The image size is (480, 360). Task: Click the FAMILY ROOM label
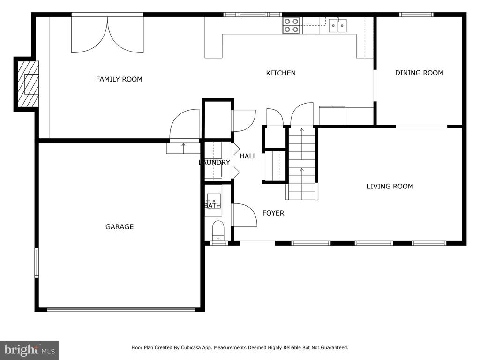click(119, 79)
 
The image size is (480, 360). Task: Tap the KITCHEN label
click(281, 73)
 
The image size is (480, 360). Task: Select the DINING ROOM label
click(419, 73)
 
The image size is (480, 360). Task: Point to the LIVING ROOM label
click(390, 186)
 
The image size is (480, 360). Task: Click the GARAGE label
click(120, 227)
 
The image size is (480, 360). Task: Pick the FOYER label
click(273, 213)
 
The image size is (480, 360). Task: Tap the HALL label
click(248, 156)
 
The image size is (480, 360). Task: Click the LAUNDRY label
click(214, 162)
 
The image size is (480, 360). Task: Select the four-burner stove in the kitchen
click(291, 25)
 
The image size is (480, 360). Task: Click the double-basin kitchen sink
click(338, 25)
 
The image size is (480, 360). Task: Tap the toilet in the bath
click(218, 231)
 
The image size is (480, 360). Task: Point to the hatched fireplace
click(28, 84)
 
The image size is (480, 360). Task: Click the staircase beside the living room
click(302, 164)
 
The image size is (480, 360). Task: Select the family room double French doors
click(107, 34)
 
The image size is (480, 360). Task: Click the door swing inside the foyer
click(245, 215)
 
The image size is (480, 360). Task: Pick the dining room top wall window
click(416, 15)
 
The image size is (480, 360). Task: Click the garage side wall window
click(37, 263)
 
